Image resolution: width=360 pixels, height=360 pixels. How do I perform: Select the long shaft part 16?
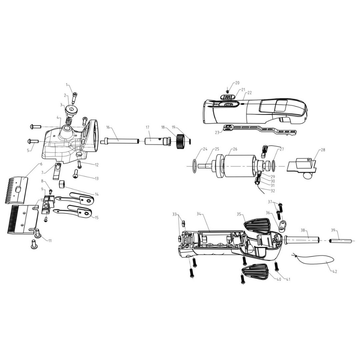click(x=120, y=141)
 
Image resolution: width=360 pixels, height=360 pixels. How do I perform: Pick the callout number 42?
click(x=335, y=272)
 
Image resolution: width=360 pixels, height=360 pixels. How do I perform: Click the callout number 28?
click(x=323, y=150)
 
